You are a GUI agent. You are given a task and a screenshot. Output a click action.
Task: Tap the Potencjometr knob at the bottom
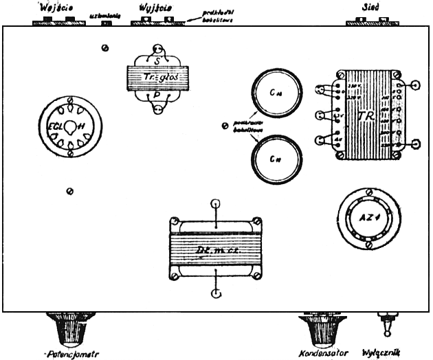coord(67,330)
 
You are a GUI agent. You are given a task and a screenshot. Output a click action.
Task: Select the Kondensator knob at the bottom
coord(323,330)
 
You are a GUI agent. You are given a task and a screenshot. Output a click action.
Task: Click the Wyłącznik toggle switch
coord(387,328)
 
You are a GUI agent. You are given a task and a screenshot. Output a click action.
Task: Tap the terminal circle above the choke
coord(216,204)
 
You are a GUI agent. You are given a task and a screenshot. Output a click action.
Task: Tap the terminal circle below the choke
coord(216,294)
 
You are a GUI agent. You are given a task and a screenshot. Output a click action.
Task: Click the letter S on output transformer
coord(157,61)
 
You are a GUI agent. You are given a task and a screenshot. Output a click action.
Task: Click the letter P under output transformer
coord(157,96)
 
